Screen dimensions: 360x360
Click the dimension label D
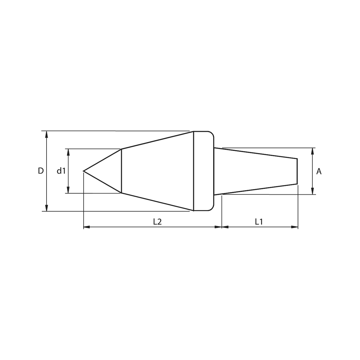[41, 171]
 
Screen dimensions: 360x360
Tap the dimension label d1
[61, 171]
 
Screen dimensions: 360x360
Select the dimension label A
[319, 171]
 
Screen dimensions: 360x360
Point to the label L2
[157, 222]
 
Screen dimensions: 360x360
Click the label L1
[259, 222]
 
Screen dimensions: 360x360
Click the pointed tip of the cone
[83, 171]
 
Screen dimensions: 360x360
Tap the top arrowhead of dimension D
[47, 134]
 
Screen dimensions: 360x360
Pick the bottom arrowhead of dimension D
[47, 208]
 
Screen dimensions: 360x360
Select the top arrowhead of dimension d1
[68, 152]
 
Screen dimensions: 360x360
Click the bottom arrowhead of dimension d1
[68, 190]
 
